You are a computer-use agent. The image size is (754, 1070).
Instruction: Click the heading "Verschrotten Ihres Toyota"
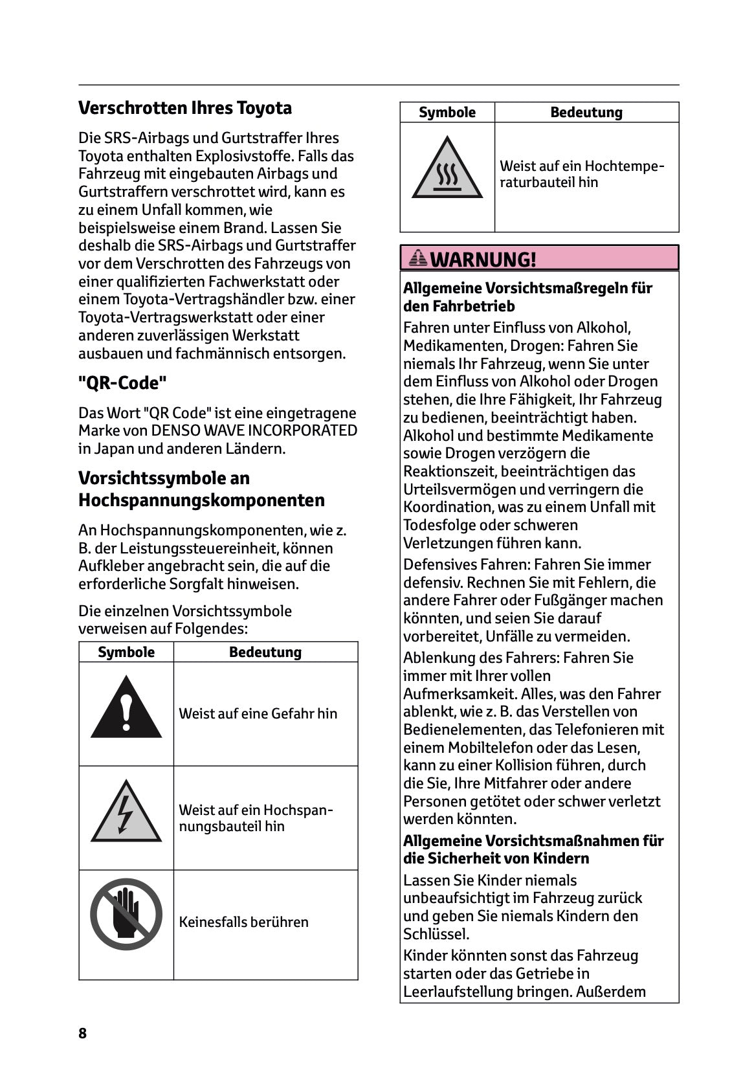point(185,108)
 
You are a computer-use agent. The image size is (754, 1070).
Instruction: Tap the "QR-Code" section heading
point(122,383)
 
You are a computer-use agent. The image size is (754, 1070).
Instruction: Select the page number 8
point(82,1032)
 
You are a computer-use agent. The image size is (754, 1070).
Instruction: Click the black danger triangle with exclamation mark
point(126,709)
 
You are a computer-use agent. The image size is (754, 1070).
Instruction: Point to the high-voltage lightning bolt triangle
point(126,813)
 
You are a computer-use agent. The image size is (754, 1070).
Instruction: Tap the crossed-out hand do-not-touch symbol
point(126,913)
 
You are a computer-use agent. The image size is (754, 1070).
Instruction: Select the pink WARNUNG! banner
point(539,258)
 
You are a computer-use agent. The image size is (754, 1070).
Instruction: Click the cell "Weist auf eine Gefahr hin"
point(258,713)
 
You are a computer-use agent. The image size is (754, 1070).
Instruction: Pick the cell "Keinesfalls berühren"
point(244,922)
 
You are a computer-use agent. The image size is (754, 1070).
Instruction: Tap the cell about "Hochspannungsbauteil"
point(256,818)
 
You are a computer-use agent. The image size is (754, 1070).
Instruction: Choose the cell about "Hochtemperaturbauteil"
point(582,174)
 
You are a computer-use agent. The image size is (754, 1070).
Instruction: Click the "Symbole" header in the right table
point(447,113)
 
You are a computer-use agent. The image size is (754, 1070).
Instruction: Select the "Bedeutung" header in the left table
point(265,652)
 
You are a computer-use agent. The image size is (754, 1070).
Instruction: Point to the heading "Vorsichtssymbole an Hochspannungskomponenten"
point(201,489)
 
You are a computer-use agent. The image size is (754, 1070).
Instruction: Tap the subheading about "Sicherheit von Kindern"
point(533,849)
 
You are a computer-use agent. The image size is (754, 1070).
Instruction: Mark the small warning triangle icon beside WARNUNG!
point(419,259)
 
